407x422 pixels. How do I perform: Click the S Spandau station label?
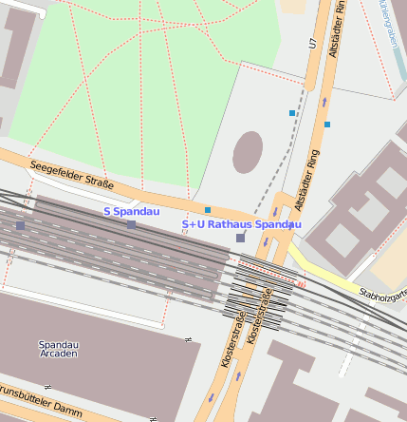click(131, 211)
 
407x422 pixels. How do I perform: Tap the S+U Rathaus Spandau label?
click(241, 224)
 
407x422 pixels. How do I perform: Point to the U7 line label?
click(310, 43)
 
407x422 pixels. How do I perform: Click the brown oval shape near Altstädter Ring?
click(248, 152)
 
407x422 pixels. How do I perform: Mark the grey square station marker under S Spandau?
click(131, 225)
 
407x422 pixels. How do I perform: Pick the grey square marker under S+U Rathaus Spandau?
click(240, 238)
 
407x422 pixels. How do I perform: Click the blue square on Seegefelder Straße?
click(208, 209)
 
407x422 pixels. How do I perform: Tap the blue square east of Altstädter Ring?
click(327, 125)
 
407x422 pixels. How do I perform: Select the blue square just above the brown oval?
click(292, 113)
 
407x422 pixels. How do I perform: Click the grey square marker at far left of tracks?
click(20, 225)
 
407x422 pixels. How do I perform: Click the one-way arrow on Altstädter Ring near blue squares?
click(324, 101)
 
